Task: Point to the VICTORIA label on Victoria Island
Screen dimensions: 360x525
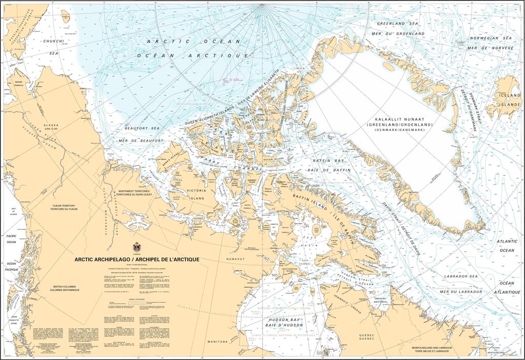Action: coord(197,188)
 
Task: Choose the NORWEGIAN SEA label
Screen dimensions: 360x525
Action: coord(492,38)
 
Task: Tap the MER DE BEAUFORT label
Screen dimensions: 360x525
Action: coord(141,140)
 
